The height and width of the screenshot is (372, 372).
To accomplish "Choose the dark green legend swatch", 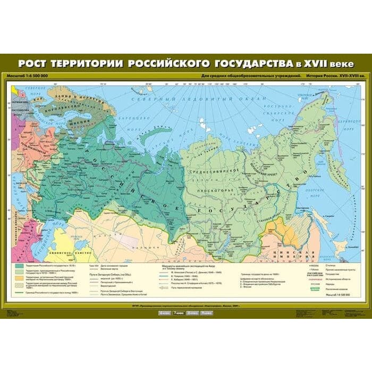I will [x=20, y=265].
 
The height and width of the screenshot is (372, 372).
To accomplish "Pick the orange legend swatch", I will [x=20, y=277].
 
